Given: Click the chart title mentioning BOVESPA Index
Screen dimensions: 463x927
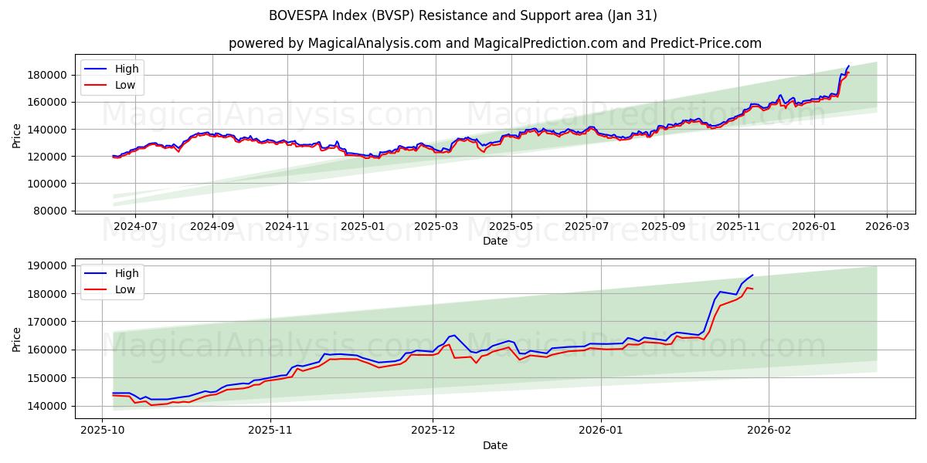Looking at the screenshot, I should (x=463, y=15).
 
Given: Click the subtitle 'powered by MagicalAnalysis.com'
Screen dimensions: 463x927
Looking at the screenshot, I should (x=494, y=43).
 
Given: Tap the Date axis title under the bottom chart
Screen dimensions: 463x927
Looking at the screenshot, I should (x=495, y=445).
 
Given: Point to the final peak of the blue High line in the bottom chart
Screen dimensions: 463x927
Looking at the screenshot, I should (x=752, y=275).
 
